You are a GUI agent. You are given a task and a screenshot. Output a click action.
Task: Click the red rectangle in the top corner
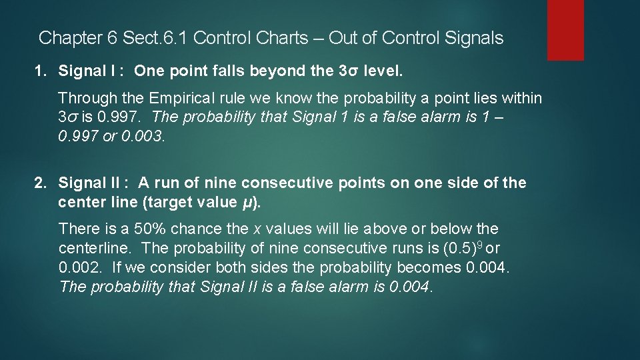565,30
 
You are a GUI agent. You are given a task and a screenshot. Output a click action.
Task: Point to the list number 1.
40,70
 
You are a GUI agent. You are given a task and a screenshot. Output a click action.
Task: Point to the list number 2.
40,183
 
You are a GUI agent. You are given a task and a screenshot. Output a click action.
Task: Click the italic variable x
257,229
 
